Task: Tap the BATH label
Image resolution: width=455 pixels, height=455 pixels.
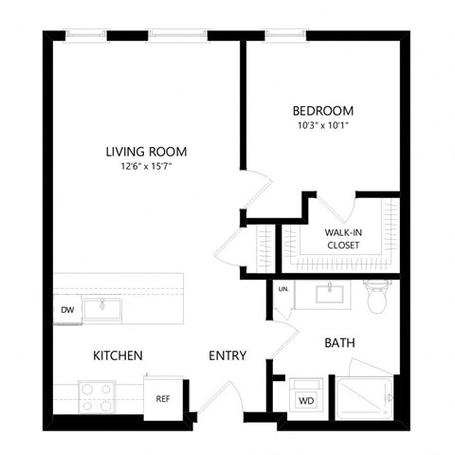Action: coord(339,342)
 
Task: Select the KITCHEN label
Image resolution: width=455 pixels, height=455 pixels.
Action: coord(118,355)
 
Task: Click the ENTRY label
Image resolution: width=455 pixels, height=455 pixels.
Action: coord(227,355)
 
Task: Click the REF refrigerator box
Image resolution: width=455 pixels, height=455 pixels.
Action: coord(162,398)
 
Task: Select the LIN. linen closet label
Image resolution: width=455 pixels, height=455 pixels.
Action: coord(282,289)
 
